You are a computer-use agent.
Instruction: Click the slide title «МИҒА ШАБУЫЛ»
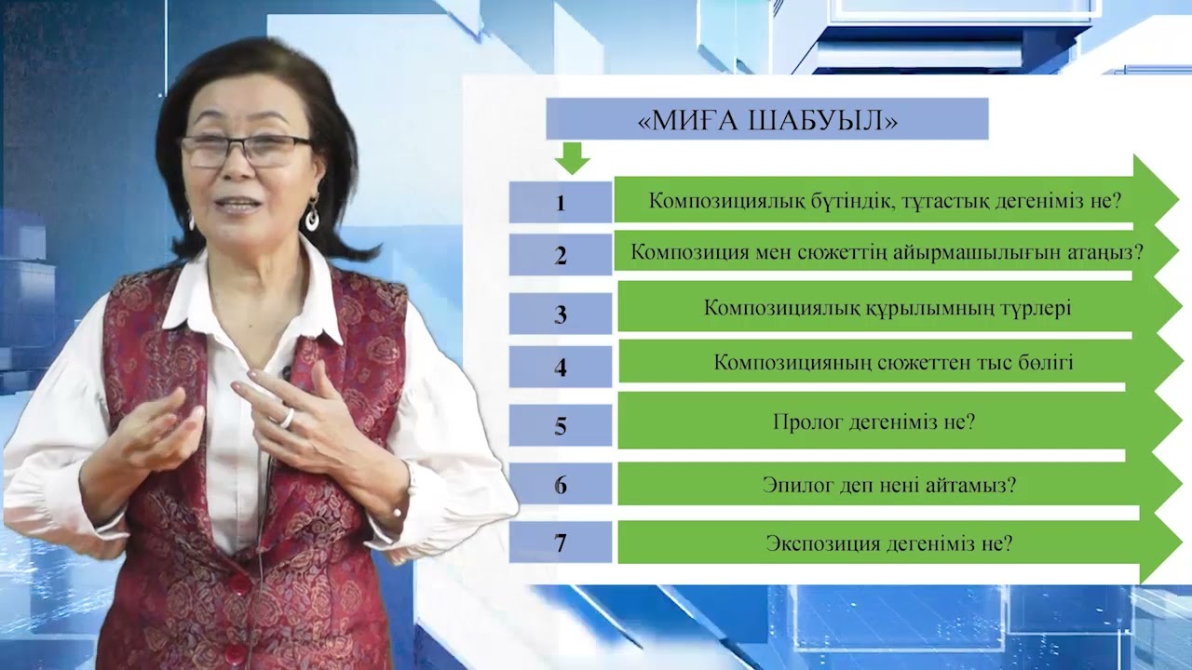coord(766,122)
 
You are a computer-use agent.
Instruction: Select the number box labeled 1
coord(560,202)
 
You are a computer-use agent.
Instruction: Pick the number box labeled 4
coord(560,367)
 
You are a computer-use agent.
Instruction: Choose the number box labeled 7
coord(560,543)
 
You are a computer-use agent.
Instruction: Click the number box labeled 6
coord(560,484)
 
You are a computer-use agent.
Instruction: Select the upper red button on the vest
coord(240,584)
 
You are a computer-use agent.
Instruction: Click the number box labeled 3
coord(560,314)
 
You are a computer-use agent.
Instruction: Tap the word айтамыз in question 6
coord(974,485)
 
